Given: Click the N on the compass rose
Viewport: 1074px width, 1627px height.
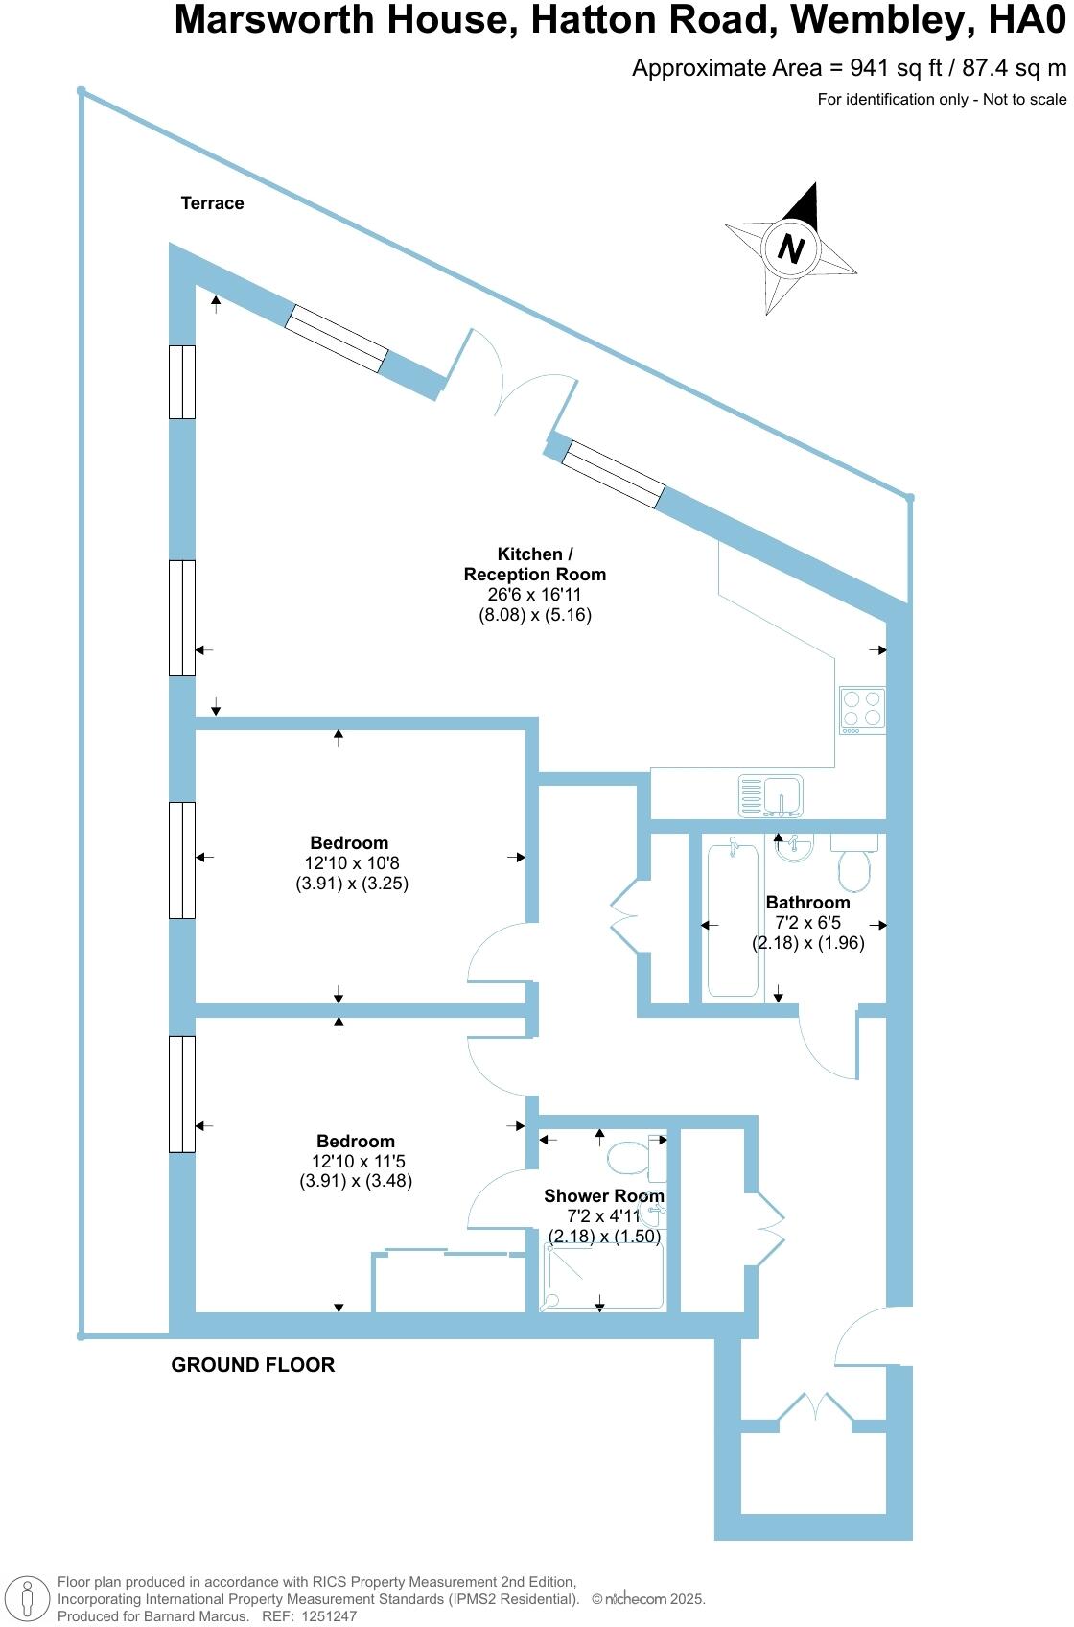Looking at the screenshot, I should point(790,248).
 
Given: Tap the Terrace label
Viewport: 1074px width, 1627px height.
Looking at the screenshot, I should point(212,203).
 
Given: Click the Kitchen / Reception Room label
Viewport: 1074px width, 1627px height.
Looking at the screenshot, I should point(535,564).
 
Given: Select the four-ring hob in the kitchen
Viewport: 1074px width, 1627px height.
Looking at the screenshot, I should point(861,710).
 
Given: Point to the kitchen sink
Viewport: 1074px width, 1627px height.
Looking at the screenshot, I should point(771,795).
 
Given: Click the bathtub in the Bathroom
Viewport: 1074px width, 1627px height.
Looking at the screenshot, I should point(734,917).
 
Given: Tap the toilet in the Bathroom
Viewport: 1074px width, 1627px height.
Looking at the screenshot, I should point(854,863).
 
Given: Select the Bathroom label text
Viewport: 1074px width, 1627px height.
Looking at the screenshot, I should point(807,903).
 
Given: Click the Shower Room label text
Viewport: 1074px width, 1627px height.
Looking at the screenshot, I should point(603,1196).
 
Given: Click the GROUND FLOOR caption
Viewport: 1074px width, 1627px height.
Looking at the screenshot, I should point(253,1365).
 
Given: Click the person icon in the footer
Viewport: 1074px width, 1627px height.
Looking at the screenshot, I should point(28,1599).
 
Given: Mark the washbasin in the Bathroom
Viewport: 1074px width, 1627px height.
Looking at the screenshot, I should point(794,848).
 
